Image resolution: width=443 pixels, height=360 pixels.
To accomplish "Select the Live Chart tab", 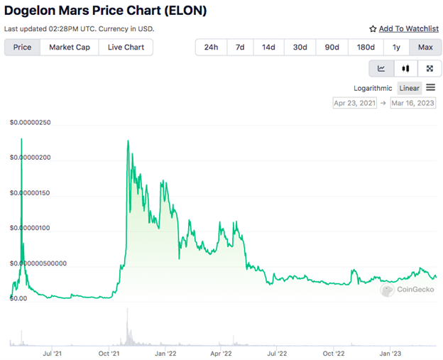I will pos(126,47).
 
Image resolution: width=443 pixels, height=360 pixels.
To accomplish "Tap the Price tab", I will pos(22,47).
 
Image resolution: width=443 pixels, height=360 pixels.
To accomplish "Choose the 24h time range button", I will pos(211,47).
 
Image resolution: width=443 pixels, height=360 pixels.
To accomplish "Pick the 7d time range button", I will pos(240,47).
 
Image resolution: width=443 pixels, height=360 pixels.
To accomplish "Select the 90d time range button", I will pos(332,47).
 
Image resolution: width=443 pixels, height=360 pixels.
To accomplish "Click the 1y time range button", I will pos(395,47).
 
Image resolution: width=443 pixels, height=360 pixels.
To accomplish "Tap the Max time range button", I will pos(425,47).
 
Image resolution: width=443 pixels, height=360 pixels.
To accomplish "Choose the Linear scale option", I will pos(409,88).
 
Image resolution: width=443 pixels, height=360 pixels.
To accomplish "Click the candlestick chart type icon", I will pos(405,68).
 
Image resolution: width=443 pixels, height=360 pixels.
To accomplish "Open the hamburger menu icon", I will pos(431,87).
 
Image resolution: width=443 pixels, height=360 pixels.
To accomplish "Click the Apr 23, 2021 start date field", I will pos(354,103).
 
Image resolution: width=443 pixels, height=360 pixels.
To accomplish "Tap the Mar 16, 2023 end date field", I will pos(412,103).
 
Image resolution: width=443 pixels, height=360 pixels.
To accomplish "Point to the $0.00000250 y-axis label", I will pos(30,122).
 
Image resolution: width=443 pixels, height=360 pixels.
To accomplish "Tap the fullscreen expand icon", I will pos(430,68).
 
